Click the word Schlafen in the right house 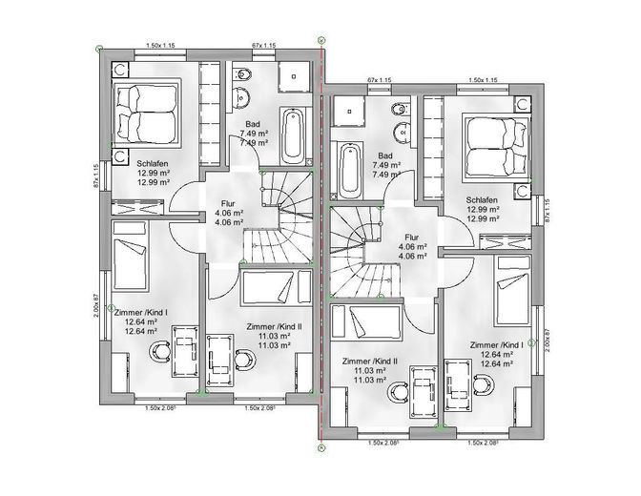pos(482,200)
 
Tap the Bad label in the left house pos(252,124)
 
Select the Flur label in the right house pos(412,238)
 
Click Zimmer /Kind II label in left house pos(274,327)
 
